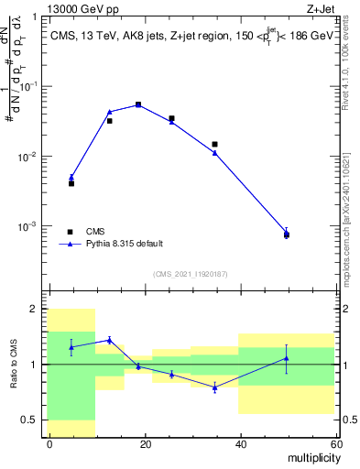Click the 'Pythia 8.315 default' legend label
(x=125, y=244)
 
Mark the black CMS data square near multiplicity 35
(x=214, y=144)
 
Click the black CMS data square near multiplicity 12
(x=109, y=120)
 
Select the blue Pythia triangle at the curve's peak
(x=138, y=104)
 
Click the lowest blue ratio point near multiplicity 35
(x=214, y=387)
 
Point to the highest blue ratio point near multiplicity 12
(x=109, y=340)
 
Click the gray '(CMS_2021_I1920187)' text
(x=190, y=274)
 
